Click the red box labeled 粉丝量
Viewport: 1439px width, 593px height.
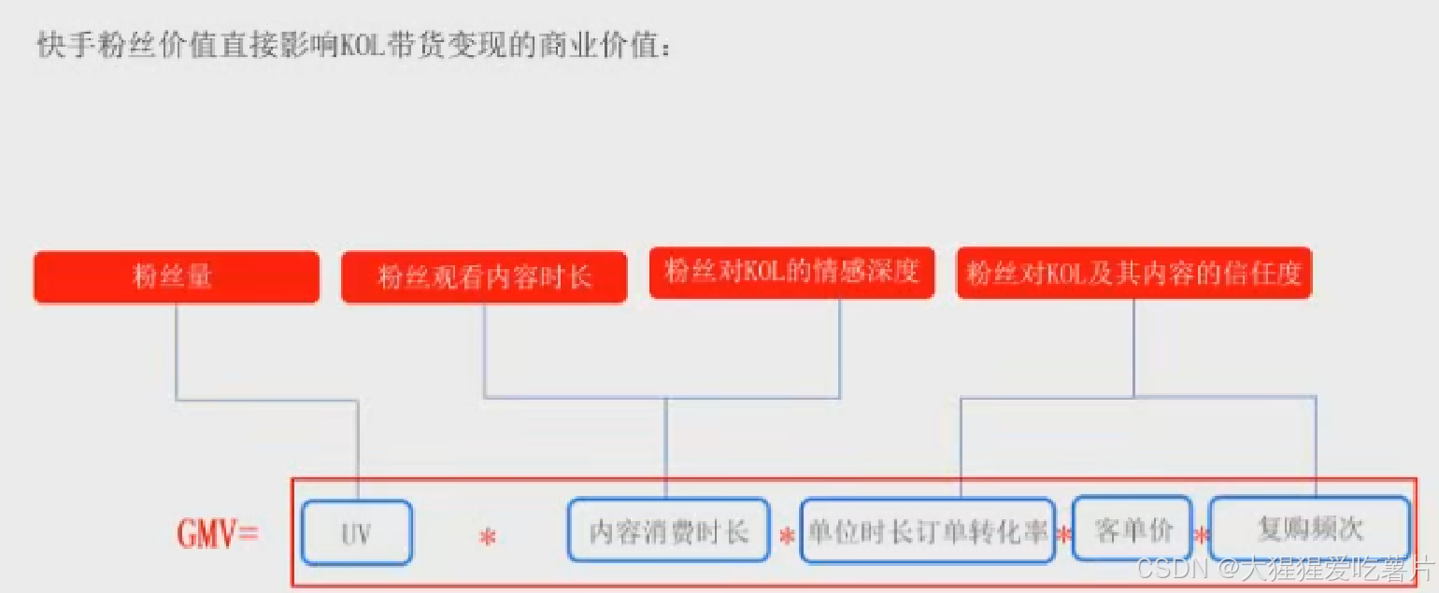click(x=176, y=277)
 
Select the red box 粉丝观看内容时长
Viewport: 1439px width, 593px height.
click(x=484, y=277)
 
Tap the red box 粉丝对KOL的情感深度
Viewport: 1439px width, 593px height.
click(x=791, y=273)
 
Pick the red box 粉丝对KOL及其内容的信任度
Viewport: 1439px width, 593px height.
click(x=1134, y=273)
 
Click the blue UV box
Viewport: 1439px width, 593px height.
click(x=356, y=533)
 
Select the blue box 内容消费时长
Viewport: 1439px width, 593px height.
click(x=668, y=531)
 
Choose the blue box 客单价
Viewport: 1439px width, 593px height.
click(x=1133, y=529)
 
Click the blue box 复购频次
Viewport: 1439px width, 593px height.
click(x=1309, y=529)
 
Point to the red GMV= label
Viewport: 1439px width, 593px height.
click(x=217, y=533)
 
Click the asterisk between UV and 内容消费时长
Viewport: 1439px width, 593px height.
click(x=487, y=538)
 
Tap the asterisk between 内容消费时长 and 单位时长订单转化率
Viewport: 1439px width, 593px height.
click(x=786, y=538)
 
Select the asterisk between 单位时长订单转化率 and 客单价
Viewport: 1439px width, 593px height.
click(x=1062, y=536)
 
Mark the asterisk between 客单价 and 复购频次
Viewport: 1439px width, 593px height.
click(x=1202, y=536)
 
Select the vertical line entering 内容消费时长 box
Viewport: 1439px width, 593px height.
click(x=665, y=448)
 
